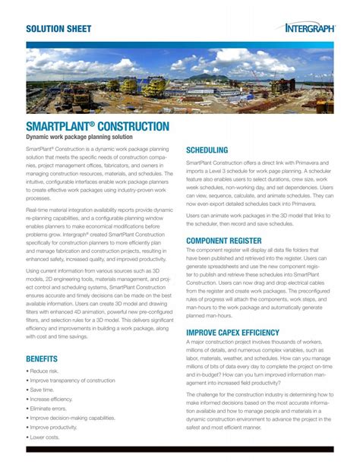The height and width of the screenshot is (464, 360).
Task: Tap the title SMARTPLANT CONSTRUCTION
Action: coord(97,125)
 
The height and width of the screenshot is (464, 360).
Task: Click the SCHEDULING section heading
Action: coord(207,150)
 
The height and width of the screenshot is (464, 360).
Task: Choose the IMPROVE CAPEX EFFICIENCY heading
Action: coord(243,333)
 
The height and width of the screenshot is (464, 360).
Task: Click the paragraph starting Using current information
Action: coord(99,307)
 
